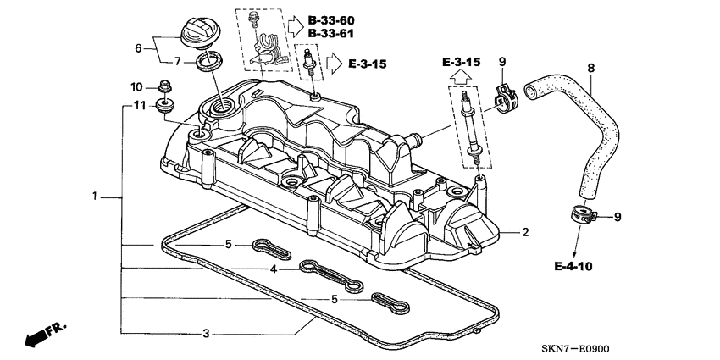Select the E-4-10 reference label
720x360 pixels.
point(573,266)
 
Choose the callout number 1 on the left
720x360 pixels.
point(95,197)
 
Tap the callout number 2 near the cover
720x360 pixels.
point(525,231)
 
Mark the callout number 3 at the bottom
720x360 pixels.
point(206,333)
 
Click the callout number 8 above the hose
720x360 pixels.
point(590,67)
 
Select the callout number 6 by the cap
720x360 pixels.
point(139,48)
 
